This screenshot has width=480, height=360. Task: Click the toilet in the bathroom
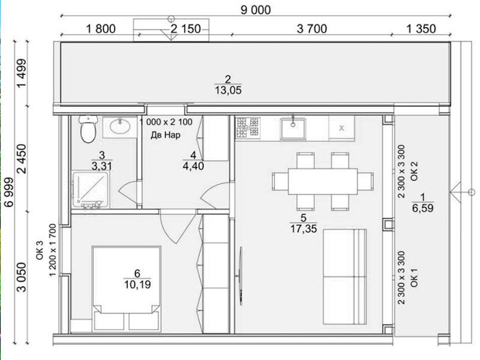[88, 128]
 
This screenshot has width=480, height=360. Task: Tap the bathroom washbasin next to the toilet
[119, 127]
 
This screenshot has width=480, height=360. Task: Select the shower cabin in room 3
[91, 190]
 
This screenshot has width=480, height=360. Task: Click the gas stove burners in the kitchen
[248, 127]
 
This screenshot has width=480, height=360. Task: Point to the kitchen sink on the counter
[293, 128]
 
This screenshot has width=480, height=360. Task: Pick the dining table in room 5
[323, 181]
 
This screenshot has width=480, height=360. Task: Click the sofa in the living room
[344, 277]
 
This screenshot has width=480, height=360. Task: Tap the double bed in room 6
[127, 289]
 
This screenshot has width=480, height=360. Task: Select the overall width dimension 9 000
[256, 10]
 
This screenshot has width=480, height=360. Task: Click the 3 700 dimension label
[312, 29]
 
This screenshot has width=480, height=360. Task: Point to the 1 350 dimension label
[421, 29]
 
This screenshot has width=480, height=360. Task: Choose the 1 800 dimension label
[101, 29]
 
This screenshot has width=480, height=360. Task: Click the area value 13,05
[228, 91]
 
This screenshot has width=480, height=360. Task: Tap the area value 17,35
[304, 229]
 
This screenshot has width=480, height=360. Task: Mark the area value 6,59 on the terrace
[423, 208]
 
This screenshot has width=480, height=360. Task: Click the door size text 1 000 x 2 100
[166, 122]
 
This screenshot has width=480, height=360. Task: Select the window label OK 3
[40, 250]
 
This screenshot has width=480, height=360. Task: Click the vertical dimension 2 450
[22, 158]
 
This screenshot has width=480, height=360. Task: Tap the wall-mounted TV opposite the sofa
[241, 275]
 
